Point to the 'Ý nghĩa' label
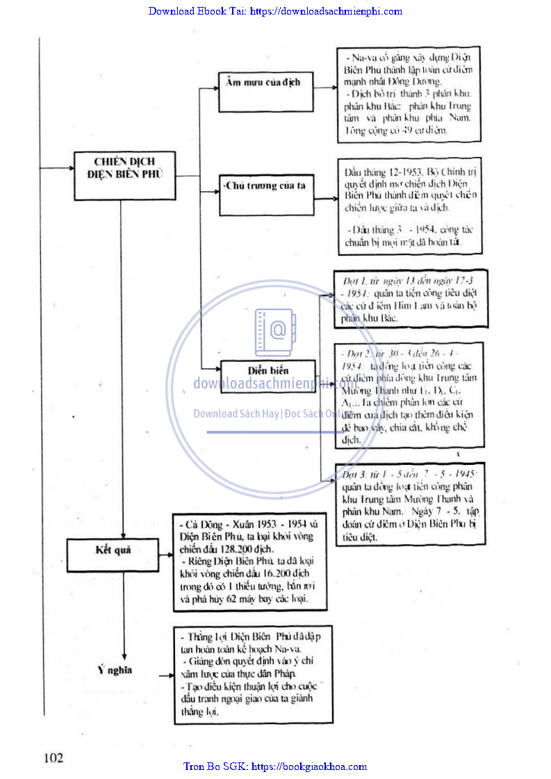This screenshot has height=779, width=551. [114, 670]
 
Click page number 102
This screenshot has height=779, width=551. [54, 757]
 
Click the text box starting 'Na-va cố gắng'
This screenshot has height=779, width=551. [409, 94]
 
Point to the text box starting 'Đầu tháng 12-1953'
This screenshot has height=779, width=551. [411, 207]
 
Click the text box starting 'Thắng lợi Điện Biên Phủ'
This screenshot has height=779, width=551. [253, 675]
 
